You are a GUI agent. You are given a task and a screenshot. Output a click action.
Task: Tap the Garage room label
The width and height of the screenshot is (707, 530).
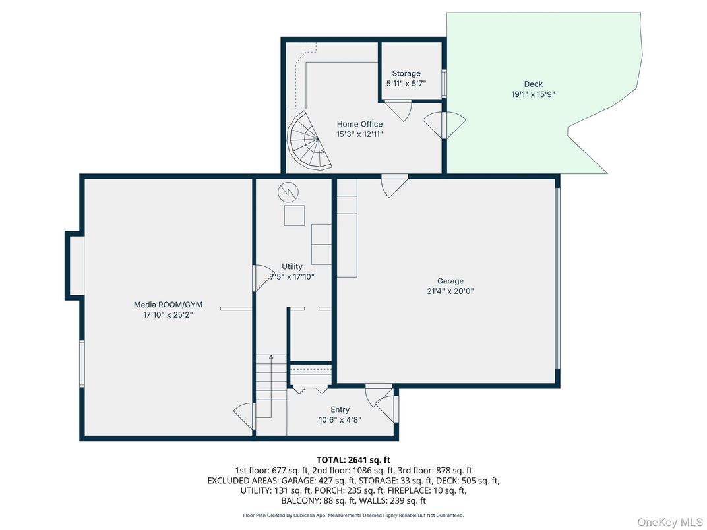450,281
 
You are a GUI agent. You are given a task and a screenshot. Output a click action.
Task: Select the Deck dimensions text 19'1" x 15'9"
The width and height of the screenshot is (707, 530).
534,94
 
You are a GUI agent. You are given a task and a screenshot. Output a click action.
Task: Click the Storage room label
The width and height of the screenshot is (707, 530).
406,73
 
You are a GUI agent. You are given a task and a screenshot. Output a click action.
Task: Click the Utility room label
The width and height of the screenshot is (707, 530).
292,266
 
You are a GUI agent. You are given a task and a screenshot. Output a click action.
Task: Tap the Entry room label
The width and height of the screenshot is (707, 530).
340,409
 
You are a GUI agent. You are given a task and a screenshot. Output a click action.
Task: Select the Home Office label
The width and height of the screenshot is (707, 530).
359,124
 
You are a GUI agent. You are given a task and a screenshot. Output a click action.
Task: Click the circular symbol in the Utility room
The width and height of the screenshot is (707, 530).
288,192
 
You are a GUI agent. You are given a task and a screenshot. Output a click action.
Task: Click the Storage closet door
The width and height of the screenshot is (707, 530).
398,108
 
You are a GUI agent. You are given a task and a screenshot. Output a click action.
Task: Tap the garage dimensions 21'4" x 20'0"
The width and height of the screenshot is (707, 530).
450,291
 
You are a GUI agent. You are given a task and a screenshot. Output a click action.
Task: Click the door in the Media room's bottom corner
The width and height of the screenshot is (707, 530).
245,416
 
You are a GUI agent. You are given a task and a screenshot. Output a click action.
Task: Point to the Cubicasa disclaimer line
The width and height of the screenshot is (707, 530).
353,515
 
